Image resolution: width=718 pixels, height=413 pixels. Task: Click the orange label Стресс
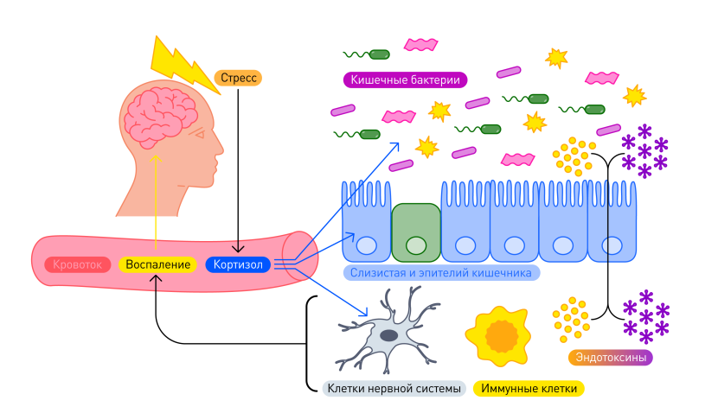pos(237,78)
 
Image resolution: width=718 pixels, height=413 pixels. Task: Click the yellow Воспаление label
pos(157,264)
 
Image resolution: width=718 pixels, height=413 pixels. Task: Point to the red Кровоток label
pos(79,264)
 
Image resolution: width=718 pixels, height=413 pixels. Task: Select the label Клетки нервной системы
pos(394,389)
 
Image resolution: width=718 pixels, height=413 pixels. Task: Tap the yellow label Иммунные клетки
pos(529,389)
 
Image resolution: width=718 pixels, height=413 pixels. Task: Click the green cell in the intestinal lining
pos(416,232)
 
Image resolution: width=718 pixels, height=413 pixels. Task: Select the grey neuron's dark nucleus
pos(389,334)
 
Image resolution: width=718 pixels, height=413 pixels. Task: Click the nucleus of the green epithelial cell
pos(416,245)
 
